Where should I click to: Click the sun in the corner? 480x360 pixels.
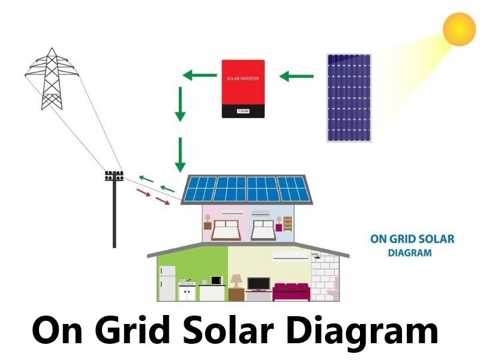(459, 28)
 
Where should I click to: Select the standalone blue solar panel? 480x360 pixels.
(348, 98)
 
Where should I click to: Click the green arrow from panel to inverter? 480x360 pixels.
(297, 76)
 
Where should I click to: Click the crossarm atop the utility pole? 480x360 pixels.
(114, 176)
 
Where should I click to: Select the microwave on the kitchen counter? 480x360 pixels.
(216, 280)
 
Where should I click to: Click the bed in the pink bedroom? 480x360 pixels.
(226, 229)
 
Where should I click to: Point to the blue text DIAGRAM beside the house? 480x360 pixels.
(410, 253)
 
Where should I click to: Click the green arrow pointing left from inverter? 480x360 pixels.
(196, 76)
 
